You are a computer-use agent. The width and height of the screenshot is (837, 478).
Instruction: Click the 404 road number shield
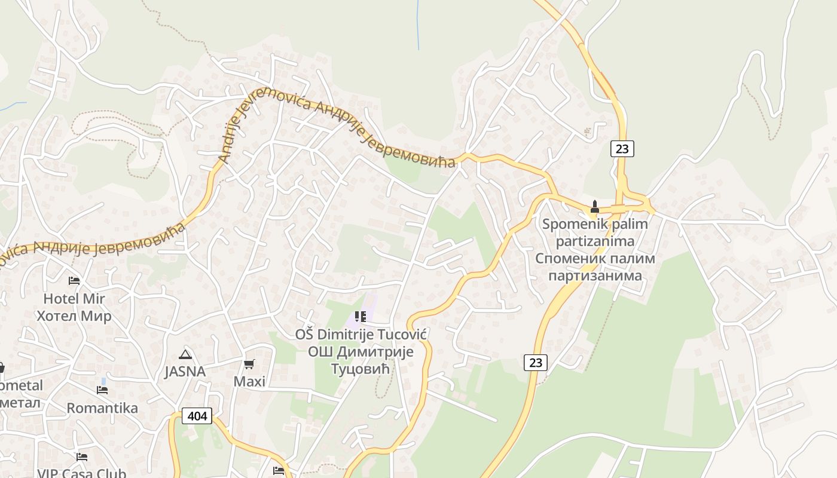pyautogui.click(x=197, y=416)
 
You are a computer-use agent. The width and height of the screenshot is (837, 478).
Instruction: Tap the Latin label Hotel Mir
pyautogui.click(x=74, y=298)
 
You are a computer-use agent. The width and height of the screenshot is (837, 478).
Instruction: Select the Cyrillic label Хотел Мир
pyautogui.click(x=74, y=315)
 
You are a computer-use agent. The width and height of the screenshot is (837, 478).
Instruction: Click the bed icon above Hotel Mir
pyautogui.click(x=74, y=280)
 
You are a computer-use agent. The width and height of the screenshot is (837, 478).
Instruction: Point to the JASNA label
pyautogui.click(x=185, y=372)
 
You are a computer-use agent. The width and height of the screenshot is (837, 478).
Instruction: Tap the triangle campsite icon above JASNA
pyautogui.click(x=185, y=354)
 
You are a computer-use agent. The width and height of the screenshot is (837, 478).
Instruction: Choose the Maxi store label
pyautogui.click(x=249, y=381)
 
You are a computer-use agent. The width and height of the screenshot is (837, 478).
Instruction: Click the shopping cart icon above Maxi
pyautogui.click(x=249, y=364)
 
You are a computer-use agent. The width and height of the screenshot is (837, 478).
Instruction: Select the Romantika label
pyautogui.click(x=102, y=408)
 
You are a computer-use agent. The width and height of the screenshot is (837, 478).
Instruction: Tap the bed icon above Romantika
pyautogui.click(x=102, y=390)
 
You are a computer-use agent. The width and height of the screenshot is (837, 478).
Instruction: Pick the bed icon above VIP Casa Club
pyautogui.click(x=82, y=457)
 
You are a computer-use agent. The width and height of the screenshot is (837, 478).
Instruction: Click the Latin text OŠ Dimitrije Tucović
pyautogui.click(x=361, y=334)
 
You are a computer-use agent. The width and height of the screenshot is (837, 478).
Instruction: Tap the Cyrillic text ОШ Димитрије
pyautogui.click(x=361, y=351)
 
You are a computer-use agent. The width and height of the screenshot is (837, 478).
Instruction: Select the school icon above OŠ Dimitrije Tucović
pyautogui.click(x=360, y=316)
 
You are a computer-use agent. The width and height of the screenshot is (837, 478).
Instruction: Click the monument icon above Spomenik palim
pyautogui.click(x=595, y=207)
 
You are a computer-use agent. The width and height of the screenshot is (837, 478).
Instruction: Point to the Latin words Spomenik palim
pyautogui.click(x=595, y=225)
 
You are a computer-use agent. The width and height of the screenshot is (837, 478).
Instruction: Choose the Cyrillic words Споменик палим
pyautogui.click(x=595, y=259)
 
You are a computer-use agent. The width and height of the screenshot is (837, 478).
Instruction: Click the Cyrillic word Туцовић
pyautogui.click(x=361, y=369)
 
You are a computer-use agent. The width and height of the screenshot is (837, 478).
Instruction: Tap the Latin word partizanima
pyautogui.click(x=595, y=241)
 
